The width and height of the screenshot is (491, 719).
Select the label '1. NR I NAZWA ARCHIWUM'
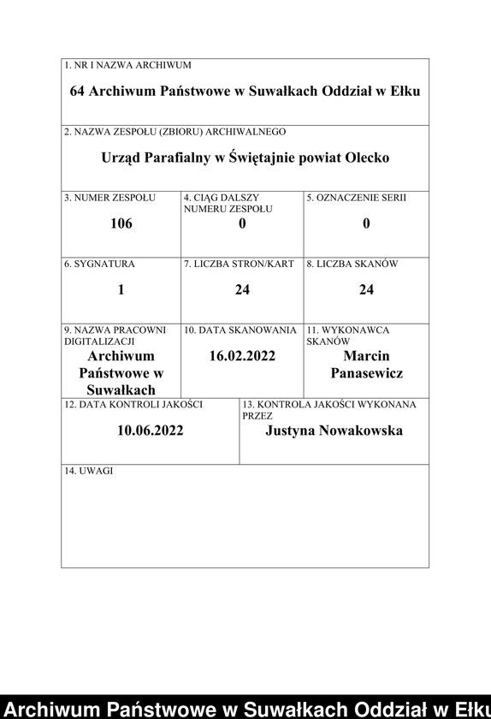coord(127,65)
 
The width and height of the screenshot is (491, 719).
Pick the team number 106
coord(121,223)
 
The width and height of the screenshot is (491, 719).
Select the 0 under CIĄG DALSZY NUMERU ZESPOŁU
coord(242,223)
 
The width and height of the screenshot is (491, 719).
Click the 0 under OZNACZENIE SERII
coord(366,223)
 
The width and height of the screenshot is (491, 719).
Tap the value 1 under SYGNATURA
coord(121,289)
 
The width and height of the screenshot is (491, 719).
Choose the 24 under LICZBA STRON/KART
coord(242,289)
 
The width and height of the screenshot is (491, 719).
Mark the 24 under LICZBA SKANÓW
coord(366,289)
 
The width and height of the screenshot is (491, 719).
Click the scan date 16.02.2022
coord(242,355)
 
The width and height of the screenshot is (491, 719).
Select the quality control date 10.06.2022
coord(151,431)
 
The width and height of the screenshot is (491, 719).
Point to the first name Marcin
coord(366,355)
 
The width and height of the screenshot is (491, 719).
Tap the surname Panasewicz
coord(366,373)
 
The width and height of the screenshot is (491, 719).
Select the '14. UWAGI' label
coord(89,472)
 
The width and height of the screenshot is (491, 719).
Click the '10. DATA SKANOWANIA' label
coord(240,330)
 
